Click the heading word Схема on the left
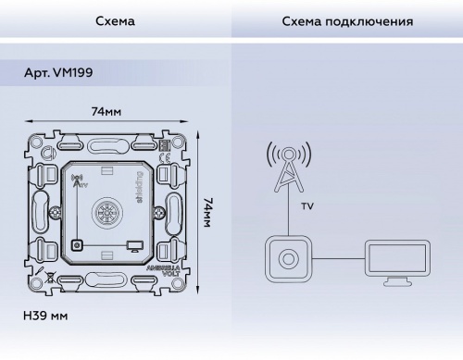point(115,19)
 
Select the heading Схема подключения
point(346,19)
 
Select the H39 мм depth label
point(45,316)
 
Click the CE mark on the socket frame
point(166,144)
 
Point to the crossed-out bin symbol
point(51,277)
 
